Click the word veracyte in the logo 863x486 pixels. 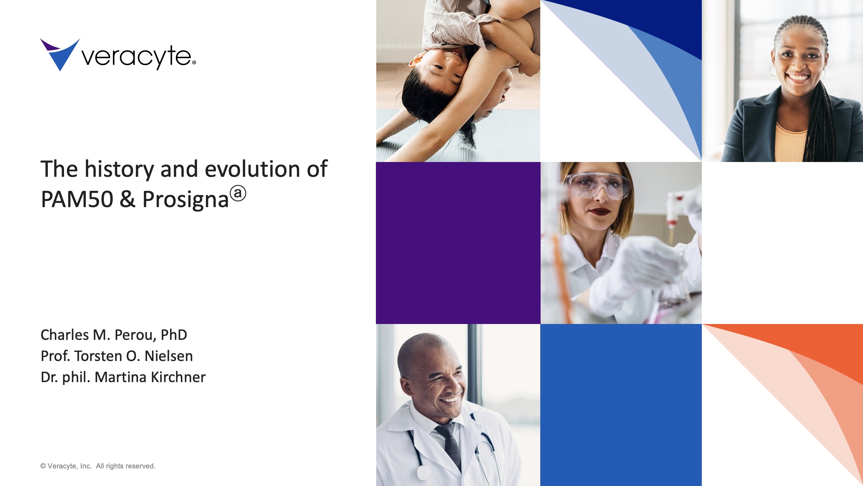(x=137, y=57)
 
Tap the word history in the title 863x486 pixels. (x=119, y=170)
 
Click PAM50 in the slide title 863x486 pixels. (x=77, y=200)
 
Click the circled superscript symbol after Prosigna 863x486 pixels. (x=238, y=193)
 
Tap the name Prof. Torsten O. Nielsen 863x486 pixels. (x=116, y=356)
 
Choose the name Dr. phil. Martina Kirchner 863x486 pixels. (x=123, y=377)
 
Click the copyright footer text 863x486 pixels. (x=97, y=466)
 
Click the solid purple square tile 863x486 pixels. (x=458, y=243)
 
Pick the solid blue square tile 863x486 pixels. (x=621, y=405)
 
